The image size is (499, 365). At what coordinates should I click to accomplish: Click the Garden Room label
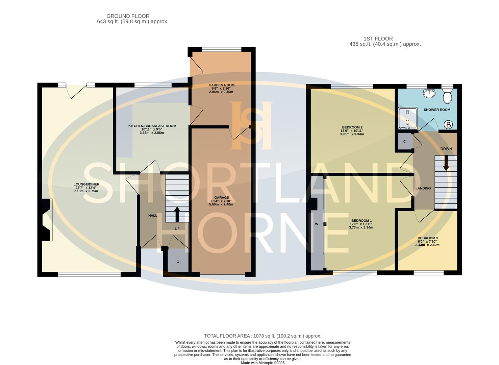pos(221,85)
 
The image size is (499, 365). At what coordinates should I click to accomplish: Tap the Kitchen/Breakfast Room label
pos(152,126)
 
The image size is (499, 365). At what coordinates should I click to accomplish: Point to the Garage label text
pos(221,198)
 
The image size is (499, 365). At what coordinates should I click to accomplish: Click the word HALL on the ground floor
pos(153,216)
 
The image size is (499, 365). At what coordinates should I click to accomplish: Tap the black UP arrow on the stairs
pos(177,214)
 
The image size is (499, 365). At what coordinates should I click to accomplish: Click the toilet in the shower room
pos(447,97)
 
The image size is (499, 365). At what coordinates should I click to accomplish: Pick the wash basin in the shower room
pos(429,94)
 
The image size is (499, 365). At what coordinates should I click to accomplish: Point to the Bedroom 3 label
pos(427,238)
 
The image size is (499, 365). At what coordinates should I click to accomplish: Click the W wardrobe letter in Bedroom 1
pos(317,224)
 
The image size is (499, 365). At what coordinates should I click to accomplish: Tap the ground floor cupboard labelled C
pos(177,262)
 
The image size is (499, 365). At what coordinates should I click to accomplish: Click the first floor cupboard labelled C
pos(404,142)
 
